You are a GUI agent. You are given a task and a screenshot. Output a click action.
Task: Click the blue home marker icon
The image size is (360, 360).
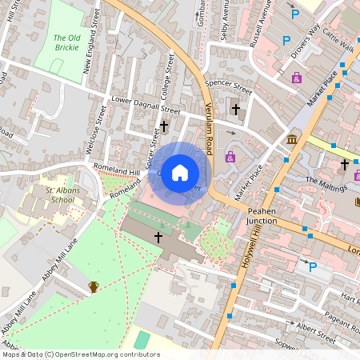pos(180,172)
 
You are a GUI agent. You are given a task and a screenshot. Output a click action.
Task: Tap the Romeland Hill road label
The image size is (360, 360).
pos(117,170)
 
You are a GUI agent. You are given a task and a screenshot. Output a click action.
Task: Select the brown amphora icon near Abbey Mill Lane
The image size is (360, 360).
pos(94,286)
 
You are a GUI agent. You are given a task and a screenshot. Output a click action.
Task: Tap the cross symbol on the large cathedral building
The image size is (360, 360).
pos(158,237)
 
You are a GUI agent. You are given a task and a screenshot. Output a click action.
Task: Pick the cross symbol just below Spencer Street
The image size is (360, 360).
pos(235,108)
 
